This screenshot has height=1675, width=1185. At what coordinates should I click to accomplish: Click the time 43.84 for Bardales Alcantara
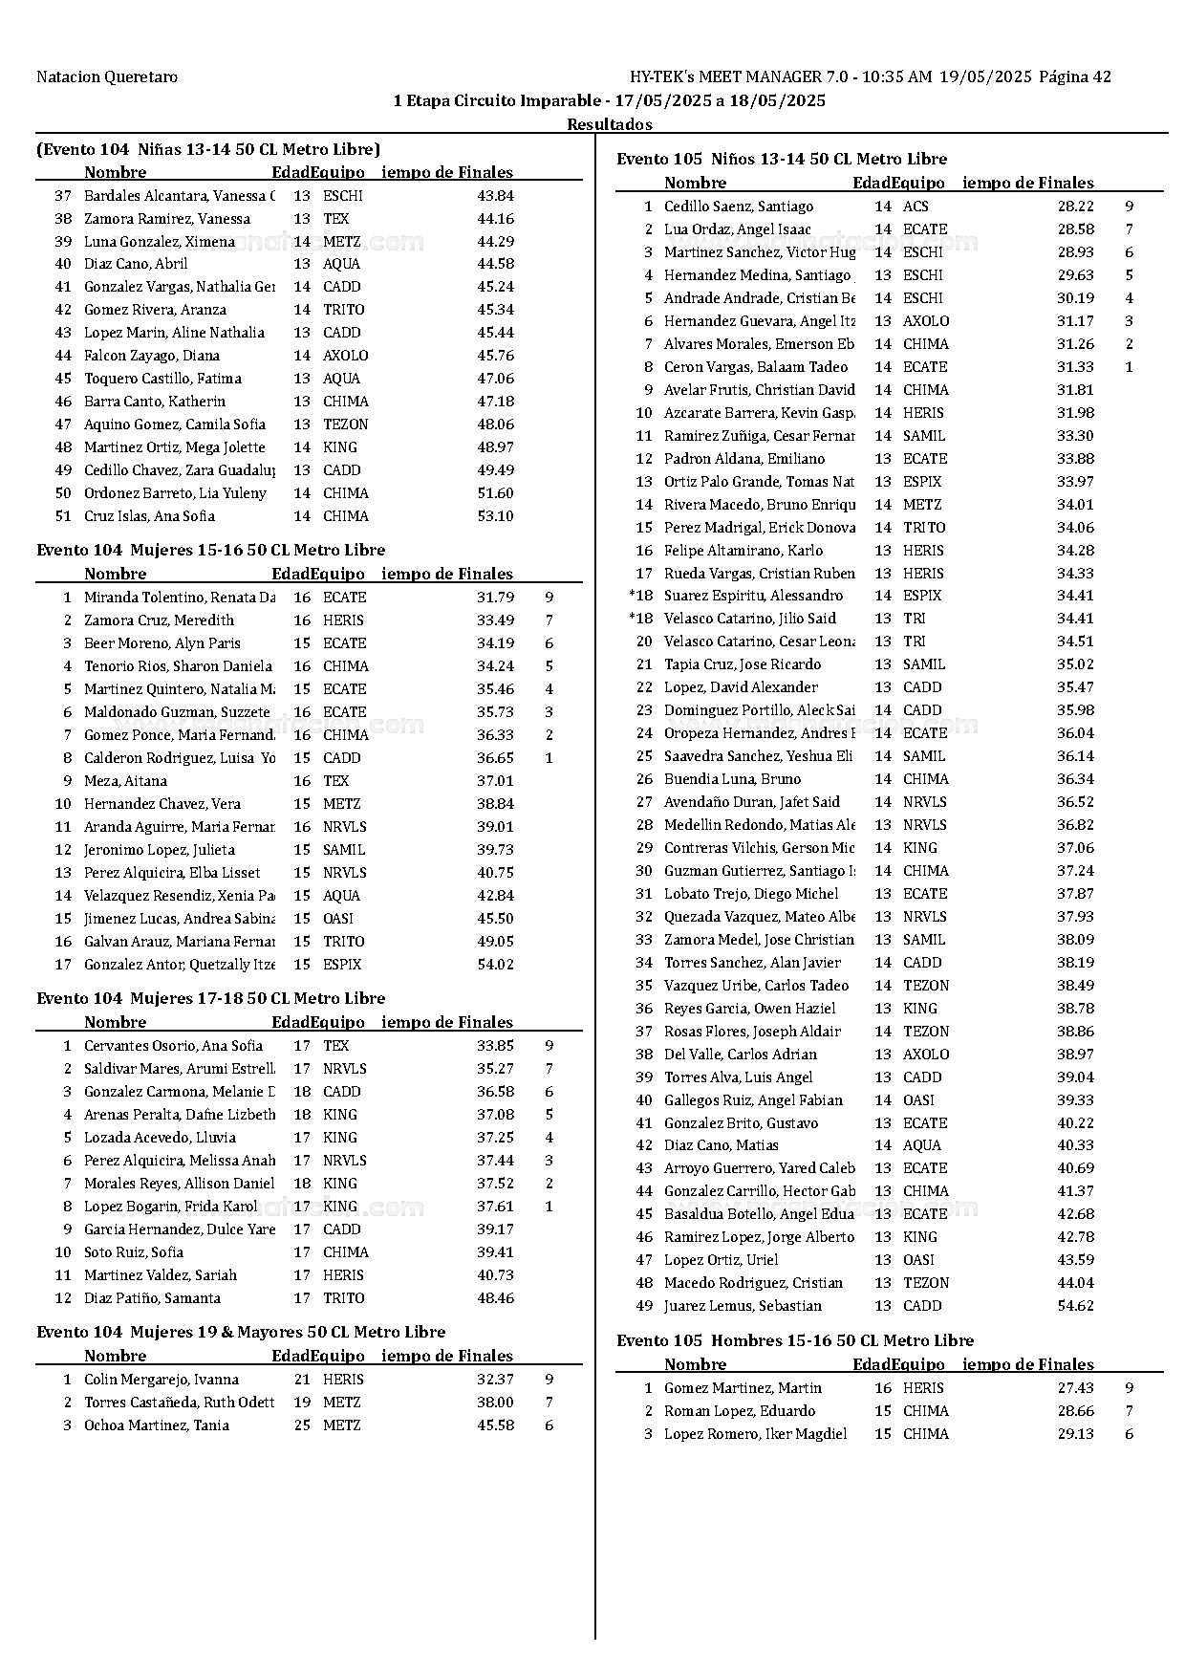click(495, 196)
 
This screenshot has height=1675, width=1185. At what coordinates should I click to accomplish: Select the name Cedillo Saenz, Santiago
click(739, 207)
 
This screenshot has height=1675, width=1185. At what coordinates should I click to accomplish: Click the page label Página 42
click(1074, 77)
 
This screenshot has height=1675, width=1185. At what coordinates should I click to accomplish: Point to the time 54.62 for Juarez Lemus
click(1075, 1306)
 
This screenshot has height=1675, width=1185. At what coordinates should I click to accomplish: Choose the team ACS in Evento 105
click(916, 207)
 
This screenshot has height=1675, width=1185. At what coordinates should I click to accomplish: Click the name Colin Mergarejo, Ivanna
click(162, 1380)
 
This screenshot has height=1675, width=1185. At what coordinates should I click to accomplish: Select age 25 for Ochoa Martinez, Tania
click(302, 1425)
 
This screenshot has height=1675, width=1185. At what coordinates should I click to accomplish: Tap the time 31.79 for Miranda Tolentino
click(495, 598)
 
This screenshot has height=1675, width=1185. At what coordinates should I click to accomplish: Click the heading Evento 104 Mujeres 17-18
click(210, 998)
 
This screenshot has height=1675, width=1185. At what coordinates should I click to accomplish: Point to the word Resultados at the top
click(610, 124)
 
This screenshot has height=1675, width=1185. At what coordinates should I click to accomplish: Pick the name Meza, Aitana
click(125, 781)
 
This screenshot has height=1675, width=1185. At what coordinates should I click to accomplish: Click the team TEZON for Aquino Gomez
click(345, 424)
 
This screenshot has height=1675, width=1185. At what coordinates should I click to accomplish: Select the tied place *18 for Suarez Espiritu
click(640, 596)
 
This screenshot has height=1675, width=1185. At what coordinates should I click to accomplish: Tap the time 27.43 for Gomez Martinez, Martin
click(1075, 1388)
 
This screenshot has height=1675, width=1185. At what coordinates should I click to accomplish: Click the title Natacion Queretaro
click(107, 77)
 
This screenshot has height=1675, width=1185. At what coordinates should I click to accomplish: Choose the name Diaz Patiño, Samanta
click(152, 1298)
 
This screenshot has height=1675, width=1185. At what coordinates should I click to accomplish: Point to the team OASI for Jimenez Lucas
click(338, 919)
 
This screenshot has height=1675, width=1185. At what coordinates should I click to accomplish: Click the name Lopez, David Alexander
click(741, 687)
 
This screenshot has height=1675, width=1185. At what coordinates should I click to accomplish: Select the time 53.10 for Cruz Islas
click(495, 516)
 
